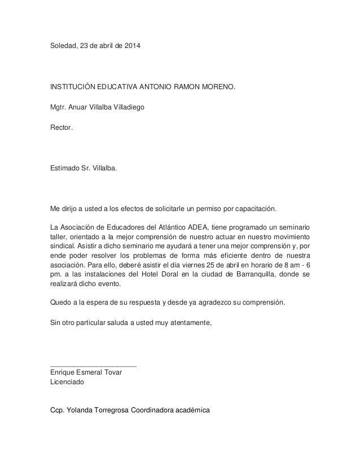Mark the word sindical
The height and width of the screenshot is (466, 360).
click(x=64, y=247)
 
